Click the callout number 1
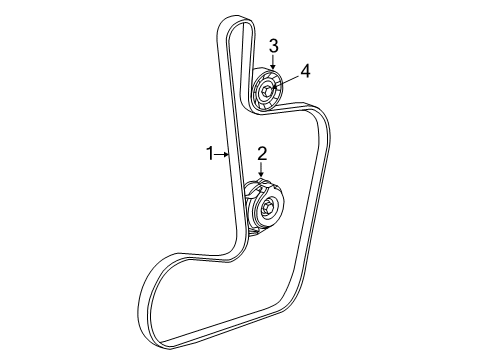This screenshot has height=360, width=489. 210,153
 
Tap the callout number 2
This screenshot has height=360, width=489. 263,153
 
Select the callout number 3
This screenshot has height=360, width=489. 273,45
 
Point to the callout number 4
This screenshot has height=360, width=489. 306,70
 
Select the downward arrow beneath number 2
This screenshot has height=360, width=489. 262,172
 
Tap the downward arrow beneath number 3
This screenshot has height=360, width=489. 272,62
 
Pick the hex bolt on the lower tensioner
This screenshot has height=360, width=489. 271,209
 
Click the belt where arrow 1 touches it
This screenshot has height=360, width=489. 231,154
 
